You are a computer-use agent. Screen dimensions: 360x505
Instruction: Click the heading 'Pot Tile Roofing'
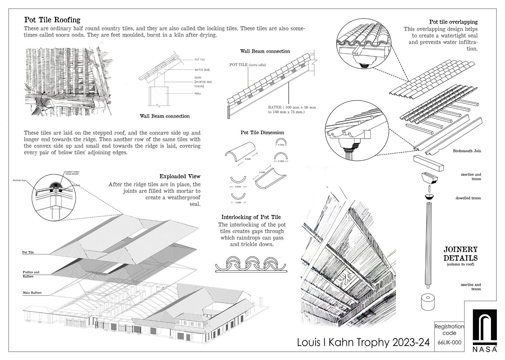pyautogui.click(x=52, y=20)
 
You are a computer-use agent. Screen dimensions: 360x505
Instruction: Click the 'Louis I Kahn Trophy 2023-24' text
pyautogui.click(x=363, y=342)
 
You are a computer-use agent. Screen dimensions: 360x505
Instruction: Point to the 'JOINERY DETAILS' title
pyautogui.click(x=461, y=254)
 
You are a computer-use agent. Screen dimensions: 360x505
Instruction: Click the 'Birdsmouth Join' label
pyautogui.click(x=467, y=151)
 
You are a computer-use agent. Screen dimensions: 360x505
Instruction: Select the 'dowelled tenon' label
pyautogui.click(x=468, y=198)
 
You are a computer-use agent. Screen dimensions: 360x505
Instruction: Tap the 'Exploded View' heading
pyautogui.click(x=180, y=176)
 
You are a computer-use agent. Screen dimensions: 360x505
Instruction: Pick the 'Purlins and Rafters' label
pyautogui.click(x=31, y=274)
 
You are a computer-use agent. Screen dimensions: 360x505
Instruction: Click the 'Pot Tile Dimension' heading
pyautogui.click(x=262, y=133)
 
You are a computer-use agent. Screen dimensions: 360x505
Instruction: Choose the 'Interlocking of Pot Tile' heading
pyautogui.click(x=251, y=217)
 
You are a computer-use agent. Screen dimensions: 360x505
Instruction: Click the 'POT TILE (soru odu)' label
pyautogui.click(x=248, y=65)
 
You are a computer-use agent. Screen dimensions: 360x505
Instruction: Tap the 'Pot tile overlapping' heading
pyautogui.click(x=453, y=22)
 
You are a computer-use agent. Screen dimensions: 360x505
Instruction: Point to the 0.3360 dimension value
pyautogui.click(x=247, y=159)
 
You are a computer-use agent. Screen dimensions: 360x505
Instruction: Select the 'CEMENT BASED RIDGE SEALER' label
pyautogui.click(x=73, y=173)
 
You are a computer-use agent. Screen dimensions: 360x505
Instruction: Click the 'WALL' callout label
pyautogui.click(x=198, y=94)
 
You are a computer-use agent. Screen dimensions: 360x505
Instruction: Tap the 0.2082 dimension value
pyautogui.click(x=238, y=202)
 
